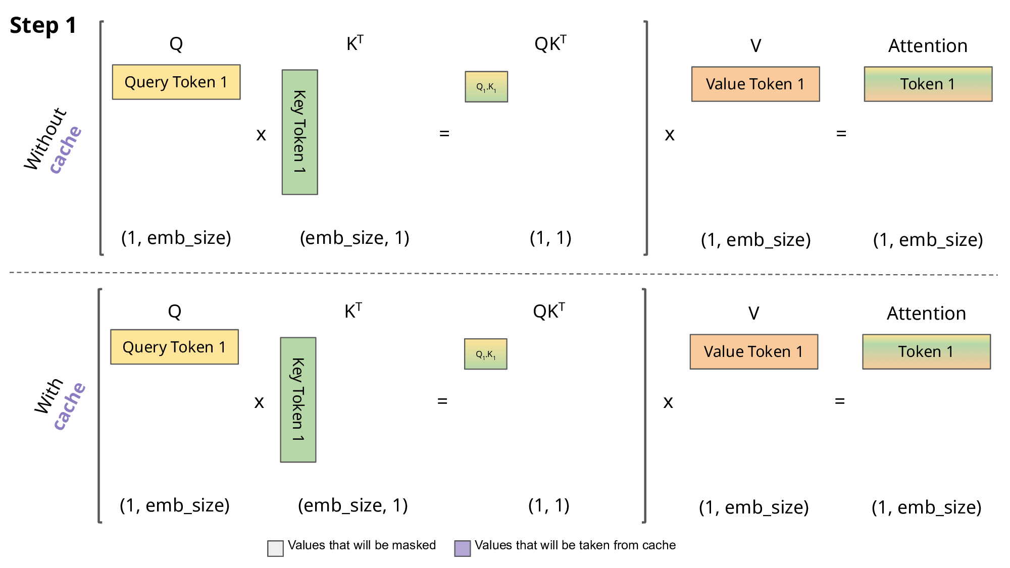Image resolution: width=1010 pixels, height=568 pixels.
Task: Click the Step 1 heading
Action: point(43,25)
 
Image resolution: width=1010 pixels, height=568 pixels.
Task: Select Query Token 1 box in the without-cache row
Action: point(176,82)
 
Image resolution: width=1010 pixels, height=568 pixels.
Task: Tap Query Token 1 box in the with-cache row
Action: point(174,347)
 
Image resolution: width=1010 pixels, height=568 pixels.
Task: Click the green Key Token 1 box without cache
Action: point(299,132)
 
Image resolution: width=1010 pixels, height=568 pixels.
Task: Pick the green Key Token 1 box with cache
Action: point(298,399)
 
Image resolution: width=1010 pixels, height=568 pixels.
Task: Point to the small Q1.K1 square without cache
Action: point(486,87)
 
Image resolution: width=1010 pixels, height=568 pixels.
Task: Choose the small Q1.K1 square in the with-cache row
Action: point(485,354)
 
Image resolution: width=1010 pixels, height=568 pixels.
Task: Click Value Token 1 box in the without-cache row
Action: point(755,84)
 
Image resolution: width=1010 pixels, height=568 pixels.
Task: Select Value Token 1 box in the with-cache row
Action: point(753,351)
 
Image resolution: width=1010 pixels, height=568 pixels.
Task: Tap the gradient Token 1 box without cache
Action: point(928,84)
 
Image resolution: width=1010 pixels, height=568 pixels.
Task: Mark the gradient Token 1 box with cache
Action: point(926,351)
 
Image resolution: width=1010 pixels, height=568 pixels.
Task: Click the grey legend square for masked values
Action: point(275,548)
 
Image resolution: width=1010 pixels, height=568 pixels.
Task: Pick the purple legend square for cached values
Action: point(462,548)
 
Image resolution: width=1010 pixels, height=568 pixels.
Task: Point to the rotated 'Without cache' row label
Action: point(52,141)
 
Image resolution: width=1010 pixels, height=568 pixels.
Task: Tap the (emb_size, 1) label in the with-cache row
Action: point(352,505)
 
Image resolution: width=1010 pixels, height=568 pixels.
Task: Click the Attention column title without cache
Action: point(928,46)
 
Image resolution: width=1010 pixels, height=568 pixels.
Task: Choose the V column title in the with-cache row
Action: point(753,314)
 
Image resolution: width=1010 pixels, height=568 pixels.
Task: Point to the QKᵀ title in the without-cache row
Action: point(550,44)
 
